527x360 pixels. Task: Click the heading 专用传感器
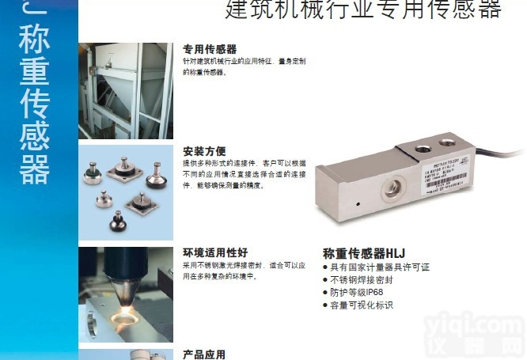(x=210, y=49)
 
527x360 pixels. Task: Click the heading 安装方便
(x=205, y=151)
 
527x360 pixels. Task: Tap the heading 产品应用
(x=204, y=354)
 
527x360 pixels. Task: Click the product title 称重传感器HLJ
(x=364, y=253)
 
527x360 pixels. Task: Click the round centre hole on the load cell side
(x=392, y=188)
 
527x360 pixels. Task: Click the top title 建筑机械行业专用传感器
(x=363, y=9)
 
